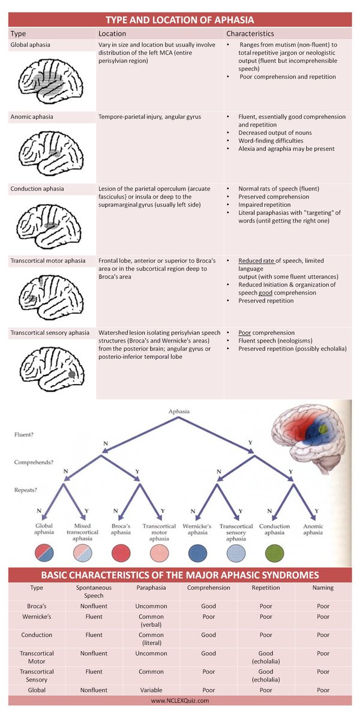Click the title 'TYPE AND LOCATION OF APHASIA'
(179, 19)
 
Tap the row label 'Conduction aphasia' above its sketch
(37, 188)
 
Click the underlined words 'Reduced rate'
(257, 262)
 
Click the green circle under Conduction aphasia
(275, 553)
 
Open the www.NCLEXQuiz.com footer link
(179, 700)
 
